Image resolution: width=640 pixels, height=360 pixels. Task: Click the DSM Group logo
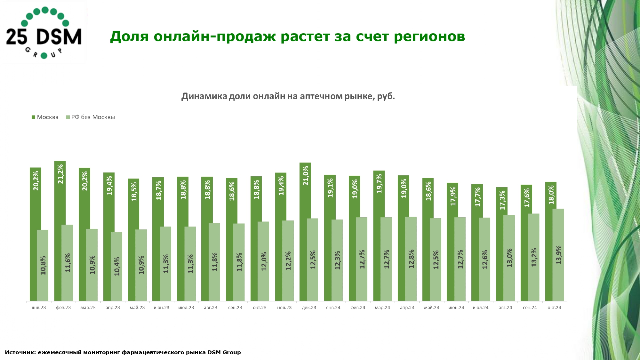44,33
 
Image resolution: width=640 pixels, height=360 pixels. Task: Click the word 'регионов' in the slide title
429,36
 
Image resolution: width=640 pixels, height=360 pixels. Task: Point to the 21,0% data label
306,175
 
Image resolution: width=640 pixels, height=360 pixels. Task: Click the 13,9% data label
559,255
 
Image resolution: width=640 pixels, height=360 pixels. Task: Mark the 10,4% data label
117,266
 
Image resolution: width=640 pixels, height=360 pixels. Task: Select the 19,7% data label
379,183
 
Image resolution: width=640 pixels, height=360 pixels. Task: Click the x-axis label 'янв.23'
39,308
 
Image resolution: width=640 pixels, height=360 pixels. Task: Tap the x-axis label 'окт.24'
554,308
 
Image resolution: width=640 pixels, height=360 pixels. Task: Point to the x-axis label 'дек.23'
309,308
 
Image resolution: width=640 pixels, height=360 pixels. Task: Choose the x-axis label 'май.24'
431,308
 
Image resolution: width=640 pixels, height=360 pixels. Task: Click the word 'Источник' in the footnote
20,352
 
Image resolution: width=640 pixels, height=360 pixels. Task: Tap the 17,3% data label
502,200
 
